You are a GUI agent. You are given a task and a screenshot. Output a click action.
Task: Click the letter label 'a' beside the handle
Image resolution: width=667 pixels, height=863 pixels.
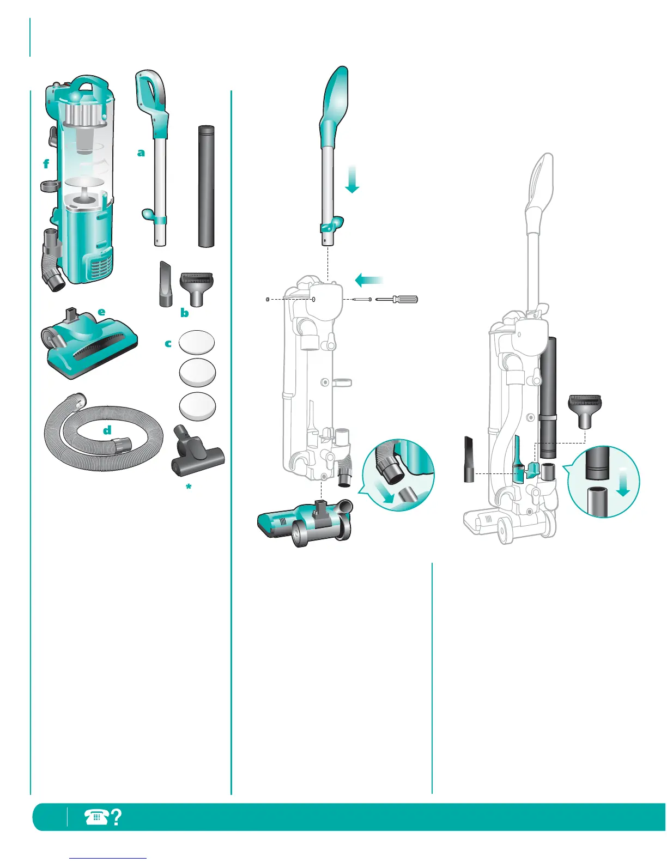click(x=141, y=153)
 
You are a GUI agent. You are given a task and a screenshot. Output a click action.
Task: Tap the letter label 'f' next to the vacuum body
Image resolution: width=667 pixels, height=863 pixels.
click(x=46, y=163)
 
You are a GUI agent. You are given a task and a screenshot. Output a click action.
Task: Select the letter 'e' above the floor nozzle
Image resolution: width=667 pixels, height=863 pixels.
click(x=101, y=312)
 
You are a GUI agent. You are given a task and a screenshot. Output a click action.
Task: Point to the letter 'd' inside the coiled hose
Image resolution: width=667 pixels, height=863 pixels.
click(x=107, y=430)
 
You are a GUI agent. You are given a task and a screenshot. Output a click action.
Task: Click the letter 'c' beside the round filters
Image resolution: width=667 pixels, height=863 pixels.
click(x=168, y=343)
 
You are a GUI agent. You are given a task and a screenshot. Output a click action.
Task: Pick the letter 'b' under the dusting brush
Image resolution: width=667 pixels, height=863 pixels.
click(x=185, y=313)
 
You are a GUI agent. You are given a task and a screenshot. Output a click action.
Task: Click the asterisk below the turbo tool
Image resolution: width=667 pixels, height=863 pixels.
click(x=189, y=487)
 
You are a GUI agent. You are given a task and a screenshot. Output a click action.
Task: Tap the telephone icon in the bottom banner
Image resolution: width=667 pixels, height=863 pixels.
click(x=96, y=817)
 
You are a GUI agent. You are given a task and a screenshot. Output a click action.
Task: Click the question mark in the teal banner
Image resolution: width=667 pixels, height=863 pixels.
click(x=116, y=817)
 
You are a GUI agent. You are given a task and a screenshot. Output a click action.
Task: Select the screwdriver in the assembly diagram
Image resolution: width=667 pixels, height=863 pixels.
click(x=398, y=299)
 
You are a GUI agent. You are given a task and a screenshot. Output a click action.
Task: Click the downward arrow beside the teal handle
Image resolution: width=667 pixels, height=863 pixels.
click(x=352, y=180)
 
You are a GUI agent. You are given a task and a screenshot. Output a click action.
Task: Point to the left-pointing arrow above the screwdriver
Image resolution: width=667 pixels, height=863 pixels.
click(x=368, y=280)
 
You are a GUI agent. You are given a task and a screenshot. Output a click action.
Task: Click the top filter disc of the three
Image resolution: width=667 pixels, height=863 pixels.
click(x=197, y=342)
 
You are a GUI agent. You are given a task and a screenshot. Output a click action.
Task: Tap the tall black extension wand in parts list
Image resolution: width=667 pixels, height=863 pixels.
click(x=206, y=186)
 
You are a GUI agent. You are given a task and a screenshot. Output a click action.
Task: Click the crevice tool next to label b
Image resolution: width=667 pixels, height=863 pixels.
click(x=166, y=284)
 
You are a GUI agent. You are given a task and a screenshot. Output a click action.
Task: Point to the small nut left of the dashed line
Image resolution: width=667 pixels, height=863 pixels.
click(x=266, y=299)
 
